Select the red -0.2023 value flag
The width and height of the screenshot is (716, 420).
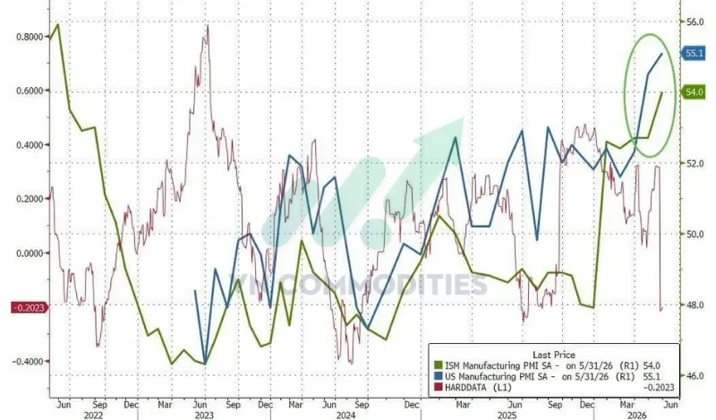(30, 307)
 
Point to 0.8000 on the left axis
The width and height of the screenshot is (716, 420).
(30, 37)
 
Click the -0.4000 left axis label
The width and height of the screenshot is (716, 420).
(28, 362)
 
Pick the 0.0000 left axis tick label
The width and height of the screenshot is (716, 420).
(30, 253)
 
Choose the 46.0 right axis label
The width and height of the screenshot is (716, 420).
(695, 375)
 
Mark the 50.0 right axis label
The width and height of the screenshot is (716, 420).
(695, 234)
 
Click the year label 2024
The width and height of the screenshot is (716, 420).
(345, 415)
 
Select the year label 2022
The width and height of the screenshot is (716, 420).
(93, 415)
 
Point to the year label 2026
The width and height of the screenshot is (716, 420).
(636, 415)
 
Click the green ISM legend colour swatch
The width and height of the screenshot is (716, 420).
(438, 365)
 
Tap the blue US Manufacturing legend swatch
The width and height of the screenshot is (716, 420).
(438, 377)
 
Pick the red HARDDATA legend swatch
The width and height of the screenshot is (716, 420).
(438, 388)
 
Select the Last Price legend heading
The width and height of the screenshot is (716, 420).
(553, 355)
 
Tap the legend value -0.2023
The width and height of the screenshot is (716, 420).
(659, 388)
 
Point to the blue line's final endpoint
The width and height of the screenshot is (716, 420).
(662, 54)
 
